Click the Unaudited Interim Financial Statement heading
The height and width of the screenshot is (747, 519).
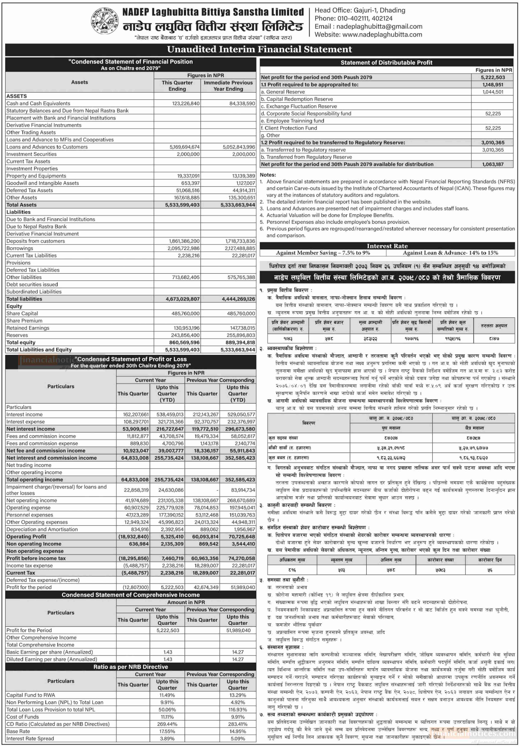[x=259, y=49]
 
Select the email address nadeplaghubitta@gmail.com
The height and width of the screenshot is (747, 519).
[x=379, y=27]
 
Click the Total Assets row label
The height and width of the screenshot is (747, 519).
[x=22, y=205]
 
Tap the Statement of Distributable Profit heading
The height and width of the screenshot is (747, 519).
[x=386, y=62]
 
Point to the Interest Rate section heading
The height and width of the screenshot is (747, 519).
[x=387, y=246]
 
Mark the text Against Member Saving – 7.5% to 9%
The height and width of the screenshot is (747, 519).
[x=323, y=253]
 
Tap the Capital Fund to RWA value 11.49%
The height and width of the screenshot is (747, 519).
[x=167, y=695]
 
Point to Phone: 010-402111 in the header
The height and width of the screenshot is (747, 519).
[x=354, y=18]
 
